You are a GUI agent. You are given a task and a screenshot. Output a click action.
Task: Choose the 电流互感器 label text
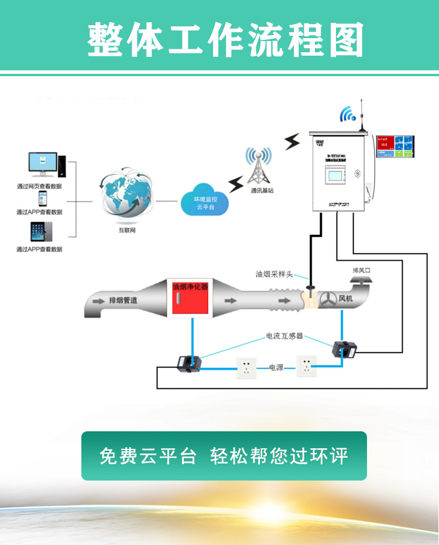pyautogui.click(x=284, y=336)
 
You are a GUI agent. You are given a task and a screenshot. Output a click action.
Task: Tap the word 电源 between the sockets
pyautogui.click(x=276, y=368)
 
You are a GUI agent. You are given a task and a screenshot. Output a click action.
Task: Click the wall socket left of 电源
pyautogui.click(x=246, y=368)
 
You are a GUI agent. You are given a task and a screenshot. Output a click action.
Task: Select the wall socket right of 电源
pyautogui.click(x=307, y=366)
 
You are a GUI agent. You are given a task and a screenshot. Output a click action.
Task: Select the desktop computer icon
pyautogui.click(x=46, y=165)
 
